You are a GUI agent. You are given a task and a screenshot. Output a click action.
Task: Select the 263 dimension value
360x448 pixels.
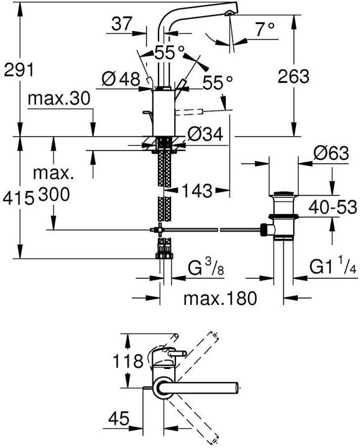coord(293,77)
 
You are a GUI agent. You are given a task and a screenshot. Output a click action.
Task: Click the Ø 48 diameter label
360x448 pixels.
coord(121,78)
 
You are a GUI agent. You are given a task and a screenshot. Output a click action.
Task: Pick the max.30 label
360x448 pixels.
coord(60,98)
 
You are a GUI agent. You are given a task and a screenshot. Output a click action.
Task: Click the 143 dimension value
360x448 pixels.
coord(196,189)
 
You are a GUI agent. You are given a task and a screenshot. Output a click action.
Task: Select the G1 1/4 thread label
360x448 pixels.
coord(333,269)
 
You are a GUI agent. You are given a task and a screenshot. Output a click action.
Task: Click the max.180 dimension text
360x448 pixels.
coord(219,299)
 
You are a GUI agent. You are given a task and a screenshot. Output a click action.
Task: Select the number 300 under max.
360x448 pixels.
coord(55,194)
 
